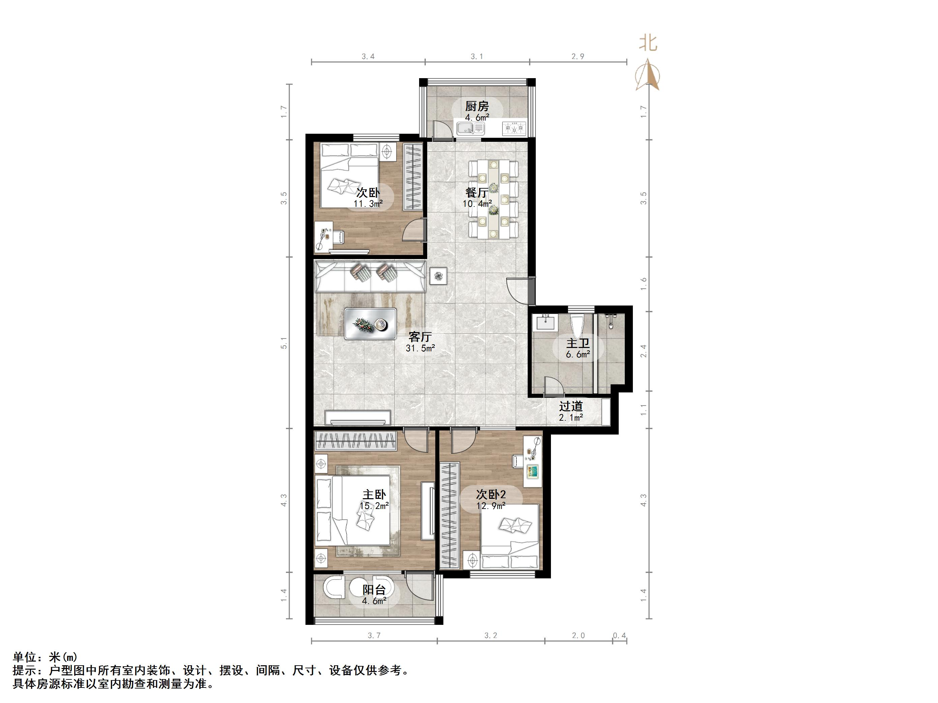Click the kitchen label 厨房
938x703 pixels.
click(x=477, y=106)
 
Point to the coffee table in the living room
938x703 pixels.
click(x=370, y=324)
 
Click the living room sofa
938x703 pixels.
click(x=370, y=276)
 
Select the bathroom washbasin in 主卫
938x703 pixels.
click(x=545, y=323)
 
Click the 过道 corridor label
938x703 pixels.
click(x=570, y=406)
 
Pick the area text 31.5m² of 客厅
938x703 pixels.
click(x=420, y=348)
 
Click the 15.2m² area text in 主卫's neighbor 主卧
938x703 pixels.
click(x=374, y=506)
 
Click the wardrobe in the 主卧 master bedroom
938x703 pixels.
click(x=355, y=441)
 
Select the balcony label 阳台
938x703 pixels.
click(x=374, y=589)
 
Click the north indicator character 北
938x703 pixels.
click(x=648, y=43)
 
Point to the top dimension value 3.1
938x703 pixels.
click(x=477, y=56)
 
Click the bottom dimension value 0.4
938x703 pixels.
click(x=619, y=636)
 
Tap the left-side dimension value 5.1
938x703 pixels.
click(x=284, y=343)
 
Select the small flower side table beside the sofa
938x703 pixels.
click(x=438, y=277)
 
